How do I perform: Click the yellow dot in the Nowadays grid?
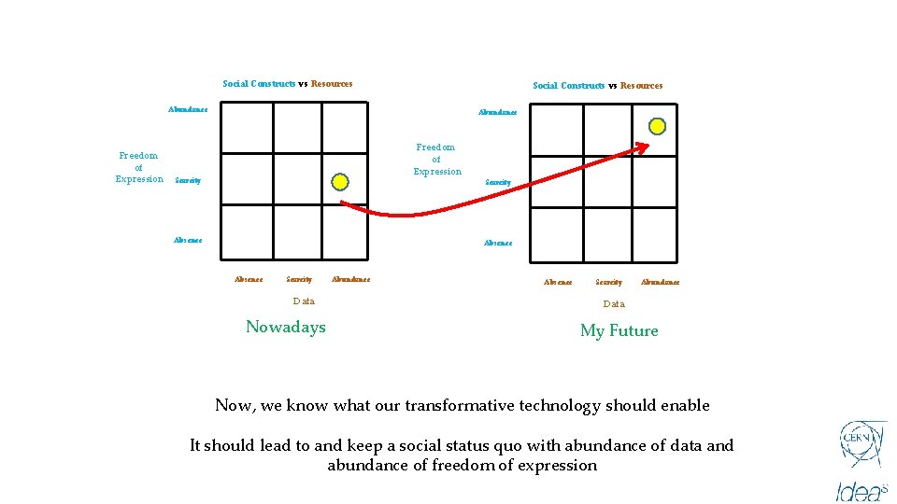click(340, 181)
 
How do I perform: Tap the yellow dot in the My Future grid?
click(657, 126)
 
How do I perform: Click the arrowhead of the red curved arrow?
click(645, 145)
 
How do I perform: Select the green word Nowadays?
click(286, 327)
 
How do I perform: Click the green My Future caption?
click(619, 330)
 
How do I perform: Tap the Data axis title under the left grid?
click(304, 301)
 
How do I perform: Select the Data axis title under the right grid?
click(614, 304)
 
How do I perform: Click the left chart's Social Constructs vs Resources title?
click(288, 84)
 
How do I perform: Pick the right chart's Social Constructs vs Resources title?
click(598, 86)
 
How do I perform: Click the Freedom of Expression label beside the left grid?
click(138, 167)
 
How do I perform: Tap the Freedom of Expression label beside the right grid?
click(437, 160)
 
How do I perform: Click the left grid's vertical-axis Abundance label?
click(188, 109)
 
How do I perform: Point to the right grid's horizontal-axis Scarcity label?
click(608, 282)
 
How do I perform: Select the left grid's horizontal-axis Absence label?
click(249, 279)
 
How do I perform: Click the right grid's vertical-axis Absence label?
click(498, 244)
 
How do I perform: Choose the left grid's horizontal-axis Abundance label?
click(350, 279)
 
